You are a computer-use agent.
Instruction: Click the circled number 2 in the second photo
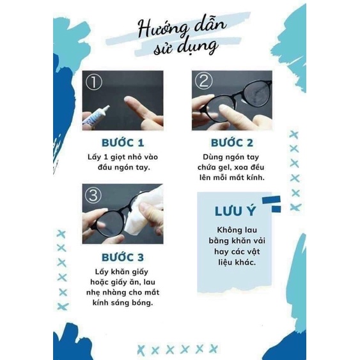[x=203, y=81]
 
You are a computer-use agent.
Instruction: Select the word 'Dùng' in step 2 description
[x=207, y=157]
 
